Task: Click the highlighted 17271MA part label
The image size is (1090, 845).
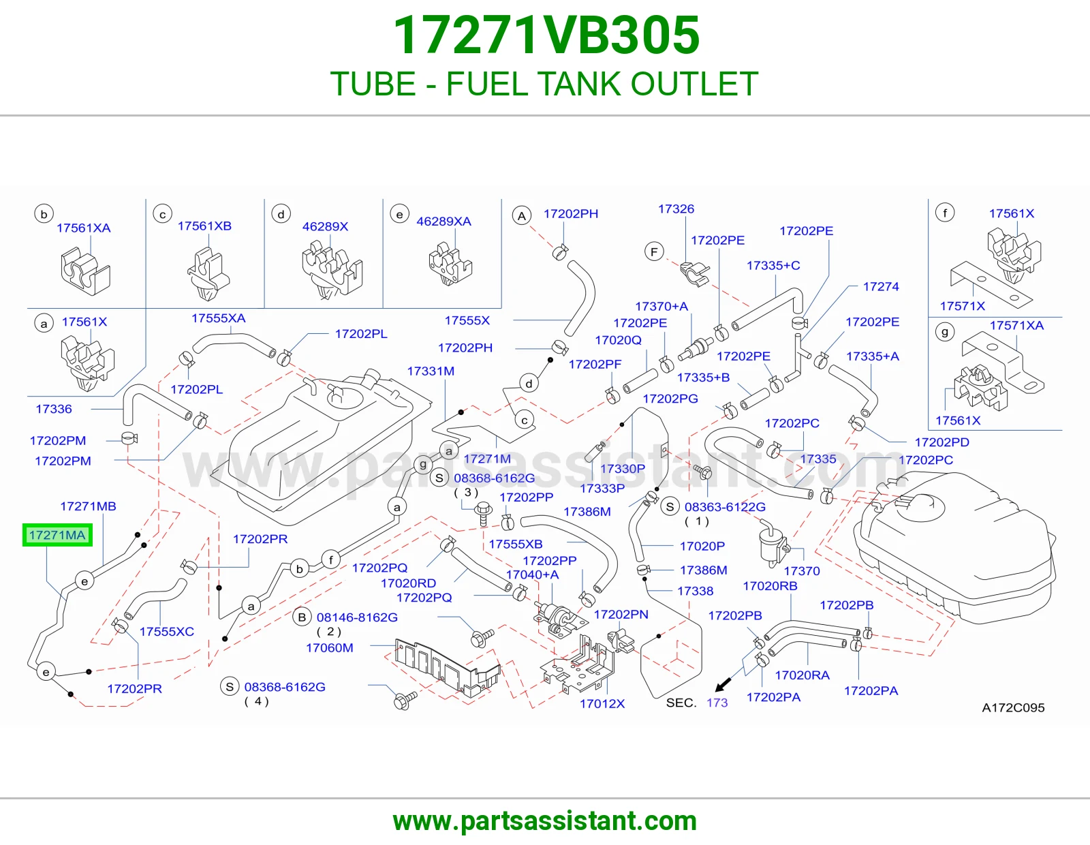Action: coord(57,535)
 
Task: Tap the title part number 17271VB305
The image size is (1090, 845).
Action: coord(546,35)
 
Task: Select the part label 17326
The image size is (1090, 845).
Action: coord(676,209)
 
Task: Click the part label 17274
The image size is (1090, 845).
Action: coord(881,286)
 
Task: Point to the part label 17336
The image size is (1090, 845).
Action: coord(54,409)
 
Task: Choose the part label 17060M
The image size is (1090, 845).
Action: coord(330,648)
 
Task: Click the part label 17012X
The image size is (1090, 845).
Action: coord(602,703)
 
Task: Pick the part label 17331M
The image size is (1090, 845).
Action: coord(431,371)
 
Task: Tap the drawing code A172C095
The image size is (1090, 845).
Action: coord(1013,707)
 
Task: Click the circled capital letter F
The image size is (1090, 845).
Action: coord(654,251)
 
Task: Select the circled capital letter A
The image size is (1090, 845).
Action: coord(522,216)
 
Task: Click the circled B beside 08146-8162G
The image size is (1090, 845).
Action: coord(302,617)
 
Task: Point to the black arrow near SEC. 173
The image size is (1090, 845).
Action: coord(723,685)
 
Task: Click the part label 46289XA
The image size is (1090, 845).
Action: coord(444,221)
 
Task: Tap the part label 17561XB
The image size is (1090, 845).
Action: coord(204,226)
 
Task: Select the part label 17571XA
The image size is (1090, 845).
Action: coord(1016,325)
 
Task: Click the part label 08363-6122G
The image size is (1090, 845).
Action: coord(725,507)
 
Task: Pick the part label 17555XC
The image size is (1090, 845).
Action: coord(166,631)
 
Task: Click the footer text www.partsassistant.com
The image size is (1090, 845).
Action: coord(545,821)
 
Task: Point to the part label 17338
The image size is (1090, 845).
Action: coord(696,591)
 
